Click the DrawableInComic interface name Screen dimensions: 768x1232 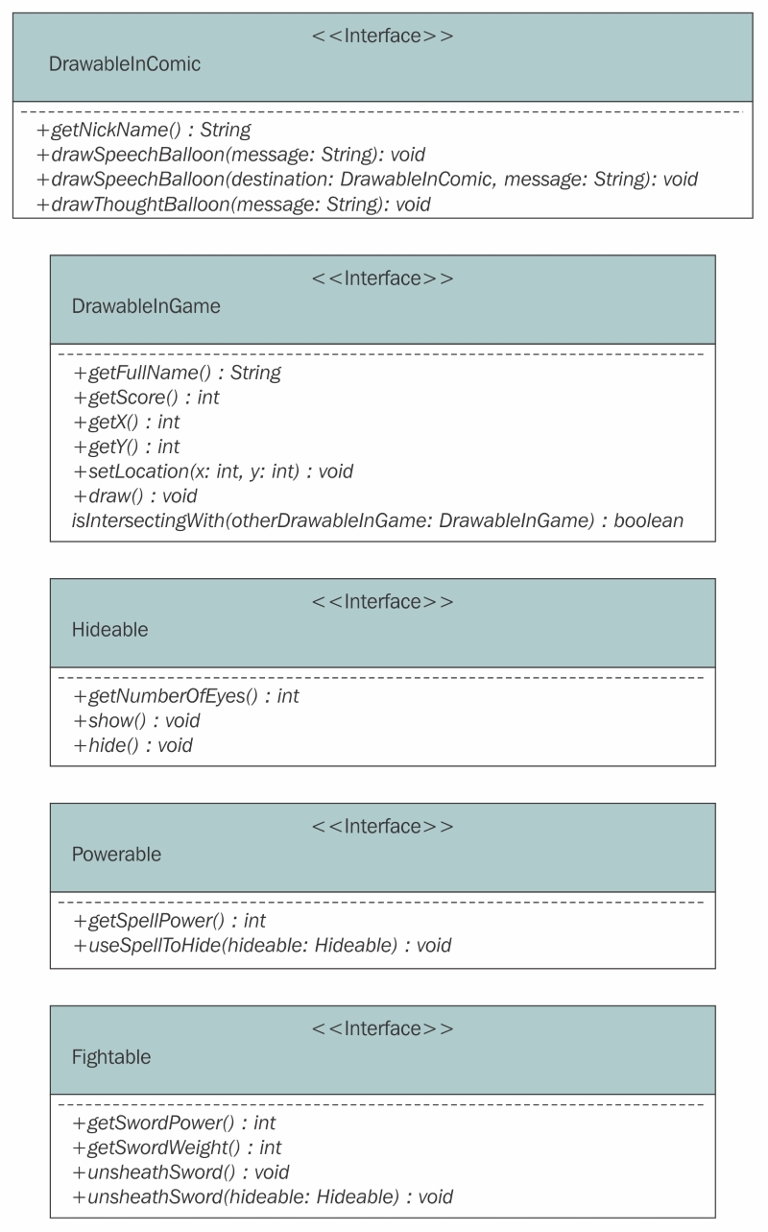(x=125, y=63)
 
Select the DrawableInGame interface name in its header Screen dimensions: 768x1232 (x=146, y=305)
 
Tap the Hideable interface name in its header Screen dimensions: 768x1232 (x=110, y=629)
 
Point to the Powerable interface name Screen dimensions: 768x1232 (x=116, y=855)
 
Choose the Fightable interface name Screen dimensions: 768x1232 (x=111, y=1056)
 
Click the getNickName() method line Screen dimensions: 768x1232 (x=143, y=130)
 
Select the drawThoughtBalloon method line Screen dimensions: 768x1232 (x=233, y=205)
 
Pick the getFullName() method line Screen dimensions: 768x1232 (x=177, y=373)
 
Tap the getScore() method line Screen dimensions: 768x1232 (x=146, y=398)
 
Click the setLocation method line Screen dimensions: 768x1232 (x=213, y=471)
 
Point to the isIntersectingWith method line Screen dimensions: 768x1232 (x=377, y=520)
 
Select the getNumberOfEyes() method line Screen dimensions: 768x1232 (x=186, y=696)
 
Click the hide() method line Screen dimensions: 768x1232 (x=133, y=745)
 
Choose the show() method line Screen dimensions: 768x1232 (x=137, y=720)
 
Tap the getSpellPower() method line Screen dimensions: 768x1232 (x=169, y=921)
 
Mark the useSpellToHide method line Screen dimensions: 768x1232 (x=262, y=946)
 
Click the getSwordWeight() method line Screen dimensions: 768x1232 (x=177, y=1147)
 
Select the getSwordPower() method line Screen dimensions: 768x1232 (x=175, y=1123)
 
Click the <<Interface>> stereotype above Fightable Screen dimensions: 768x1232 (x=383, y=1028)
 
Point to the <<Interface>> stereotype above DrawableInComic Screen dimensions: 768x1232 (x=383, y=36)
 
